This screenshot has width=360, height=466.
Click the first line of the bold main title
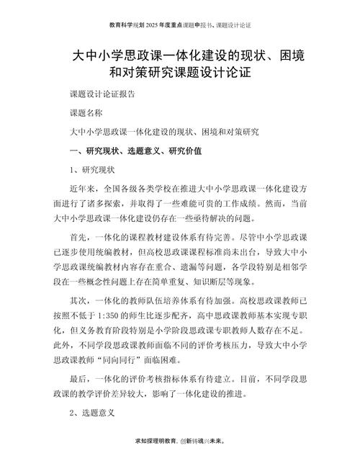(180, 55)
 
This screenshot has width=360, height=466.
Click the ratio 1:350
(126, 318)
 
